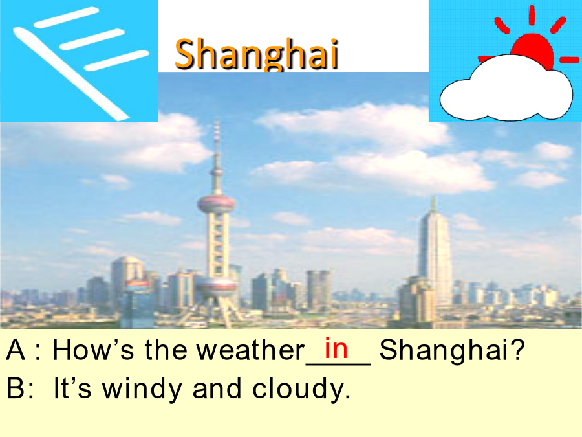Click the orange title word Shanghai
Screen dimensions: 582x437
[x=257, y=54]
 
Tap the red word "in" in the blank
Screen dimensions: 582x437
[x=336, y=348]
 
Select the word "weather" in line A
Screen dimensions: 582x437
[x=250, y=350]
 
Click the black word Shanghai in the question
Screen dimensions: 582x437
[x=444, y=350]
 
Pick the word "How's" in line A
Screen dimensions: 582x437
[x=92, y=350]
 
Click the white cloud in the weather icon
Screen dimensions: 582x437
[x=506, y=89]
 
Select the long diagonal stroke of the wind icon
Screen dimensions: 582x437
[x=71, y=74]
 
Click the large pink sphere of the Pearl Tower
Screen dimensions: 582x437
[x=216, y=204]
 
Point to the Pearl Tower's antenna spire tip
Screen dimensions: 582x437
[x=217, y=122]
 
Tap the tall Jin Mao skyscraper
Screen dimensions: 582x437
[x=435, y=252]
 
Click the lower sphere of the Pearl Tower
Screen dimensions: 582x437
[x=216, y=286]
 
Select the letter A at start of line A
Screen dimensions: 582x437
[x=16, y=350]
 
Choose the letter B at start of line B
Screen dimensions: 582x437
[x=16, y=388]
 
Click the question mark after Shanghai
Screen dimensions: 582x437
[x=517, y=350]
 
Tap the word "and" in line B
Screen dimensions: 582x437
[x=217, y=388]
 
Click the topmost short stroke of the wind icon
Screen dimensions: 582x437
[x=67, y=17]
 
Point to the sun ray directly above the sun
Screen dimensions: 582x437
[x=532, y=16]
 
